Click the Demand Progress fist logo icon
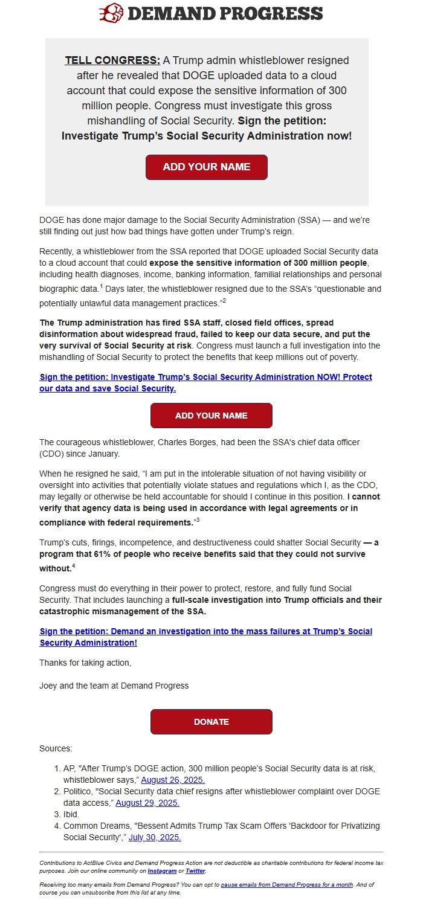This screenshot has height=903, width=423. (x=111, y=13)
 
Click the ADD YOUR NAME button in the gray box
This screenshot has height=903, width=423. (x=207, y=167)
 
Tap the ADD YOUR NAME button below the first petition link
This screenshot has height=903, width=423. (x=211, y=416)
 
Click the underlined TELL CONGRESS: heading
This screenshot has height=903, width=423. (x=112, y=60)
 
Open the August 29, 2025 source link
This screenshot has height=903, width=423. (x=147, y=803)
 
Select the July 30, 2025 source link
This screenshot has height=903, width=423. (x=155, y=837)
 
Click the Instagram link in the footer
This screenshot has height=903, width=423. (x=162, y=871)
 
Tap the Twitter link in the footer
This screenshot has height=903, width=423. (x=195, y=871)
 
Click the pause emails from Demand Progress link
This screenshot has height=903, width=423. (x=286, y=884)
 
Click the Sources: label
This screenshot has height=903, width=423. (x=56, y=748)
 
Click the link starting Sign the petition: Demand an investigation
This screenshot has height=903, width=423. (x=205, y=637)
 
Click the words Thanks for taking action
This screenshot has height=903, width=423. (x=85, y=663)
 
